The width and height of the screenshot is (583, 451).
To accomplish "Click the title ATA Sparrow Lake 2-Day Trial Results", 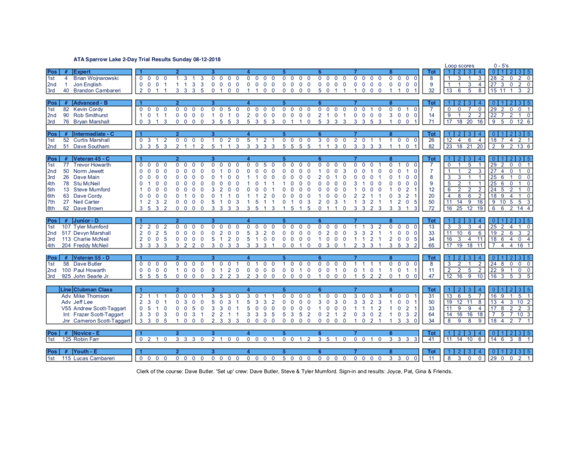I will pyautogui.click(x=147, y=59).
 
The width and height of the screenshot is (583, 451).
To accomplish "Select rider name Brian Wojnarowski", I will pyautogui.click(x=96, y=78).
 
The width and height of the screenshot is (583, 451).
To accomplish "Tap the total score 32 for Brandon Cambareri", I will pyautogui.click(x=432, y=90).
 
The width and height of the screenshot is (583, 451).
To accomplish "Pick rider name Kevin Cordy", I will pyautogui.click(x=89, y=109).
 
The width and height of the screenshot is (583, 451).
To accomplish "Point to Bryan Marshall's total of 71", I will pyautogui.click(x=432, y=121).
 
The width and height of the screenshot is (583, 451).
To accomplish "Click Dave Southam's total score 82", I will pyautogui.click(x=432, y=147).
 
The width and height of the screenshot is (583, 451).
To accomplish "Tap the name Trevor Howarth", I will pyautogui.click(x=92, y=165).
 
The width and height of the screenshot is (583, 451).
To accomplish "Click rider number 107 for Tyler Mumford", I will pyautogui.click(x=66, y=227).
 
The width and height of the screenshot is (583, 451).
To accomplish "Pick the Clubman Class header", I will pyautogui.click(x=93, y=290).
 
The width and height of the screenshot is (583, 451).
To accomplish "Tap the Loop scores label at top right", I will pyautogui.click(x=459, y=66).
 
